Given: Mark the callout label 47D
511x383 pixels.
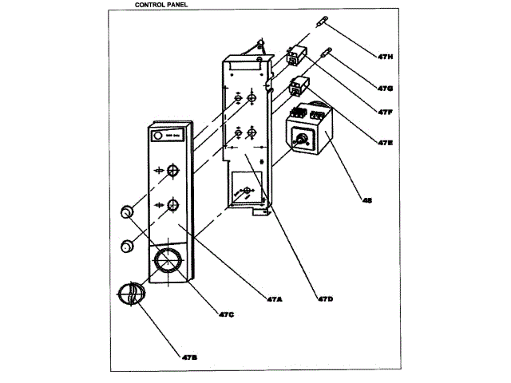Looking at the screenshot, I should tap(325, 298).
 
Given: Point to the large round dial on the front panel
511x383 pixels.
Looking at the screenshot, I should tap(168, 261).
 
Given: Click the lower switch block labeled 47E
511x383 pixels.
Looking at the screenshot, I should tap(299, 84).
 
